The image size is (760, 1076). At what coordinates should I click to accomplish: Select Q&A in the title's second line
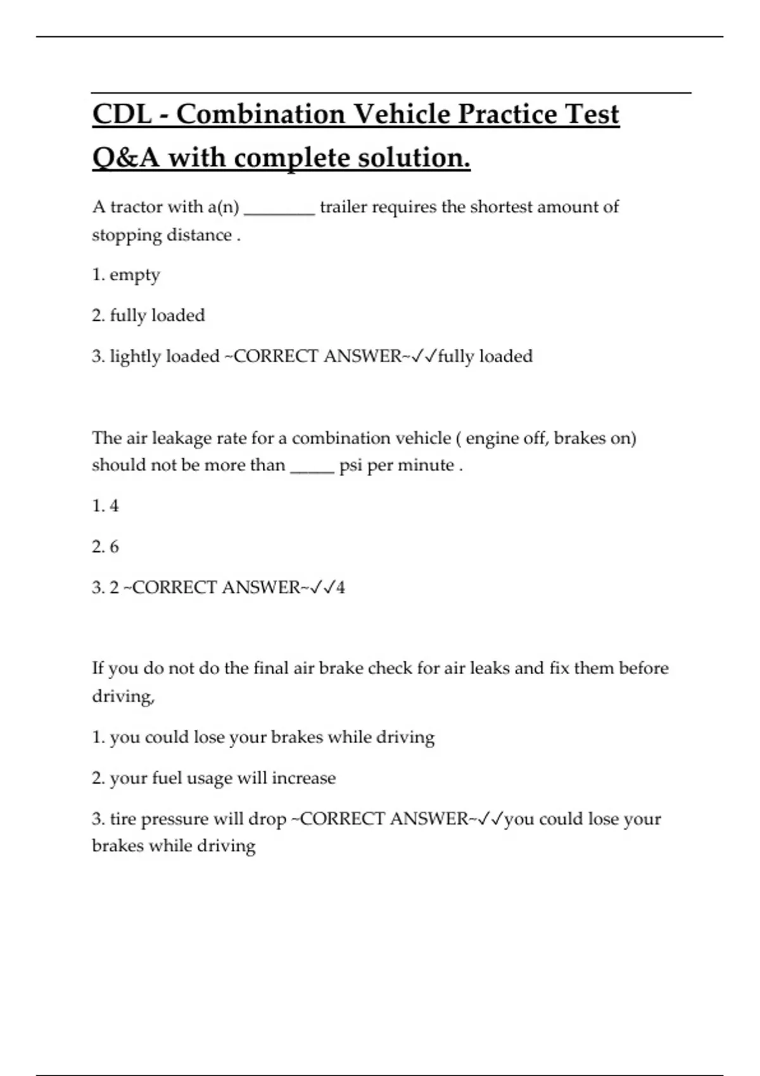(x=126, y=158)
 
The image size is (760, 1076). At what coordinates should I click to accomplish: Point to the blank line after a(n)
(x=279, y=209)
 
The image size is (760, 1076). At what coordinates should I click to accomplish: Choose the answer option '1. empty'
(x=126, y=275)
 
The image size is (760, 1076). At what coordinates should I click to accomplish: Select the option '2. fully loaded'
(x=148, y=315)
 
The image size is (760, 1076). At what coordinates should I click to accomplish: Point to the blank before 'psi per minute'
(x=312, y=466)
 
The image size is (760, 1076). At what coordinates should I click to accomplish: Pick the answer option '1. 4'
(x=105, y=506)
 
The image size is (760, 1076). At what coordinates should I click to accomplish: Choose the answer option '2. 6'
(x=105, y=546)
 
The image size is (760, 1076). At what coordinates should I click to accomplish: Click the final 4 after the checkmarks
(x=341, y=587)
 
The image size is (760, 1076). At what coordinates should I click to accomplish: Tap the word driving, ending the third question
(x=123, y=696)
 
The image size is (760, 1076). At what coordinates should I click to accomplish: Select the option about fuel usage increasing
(x=213, y=778)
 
